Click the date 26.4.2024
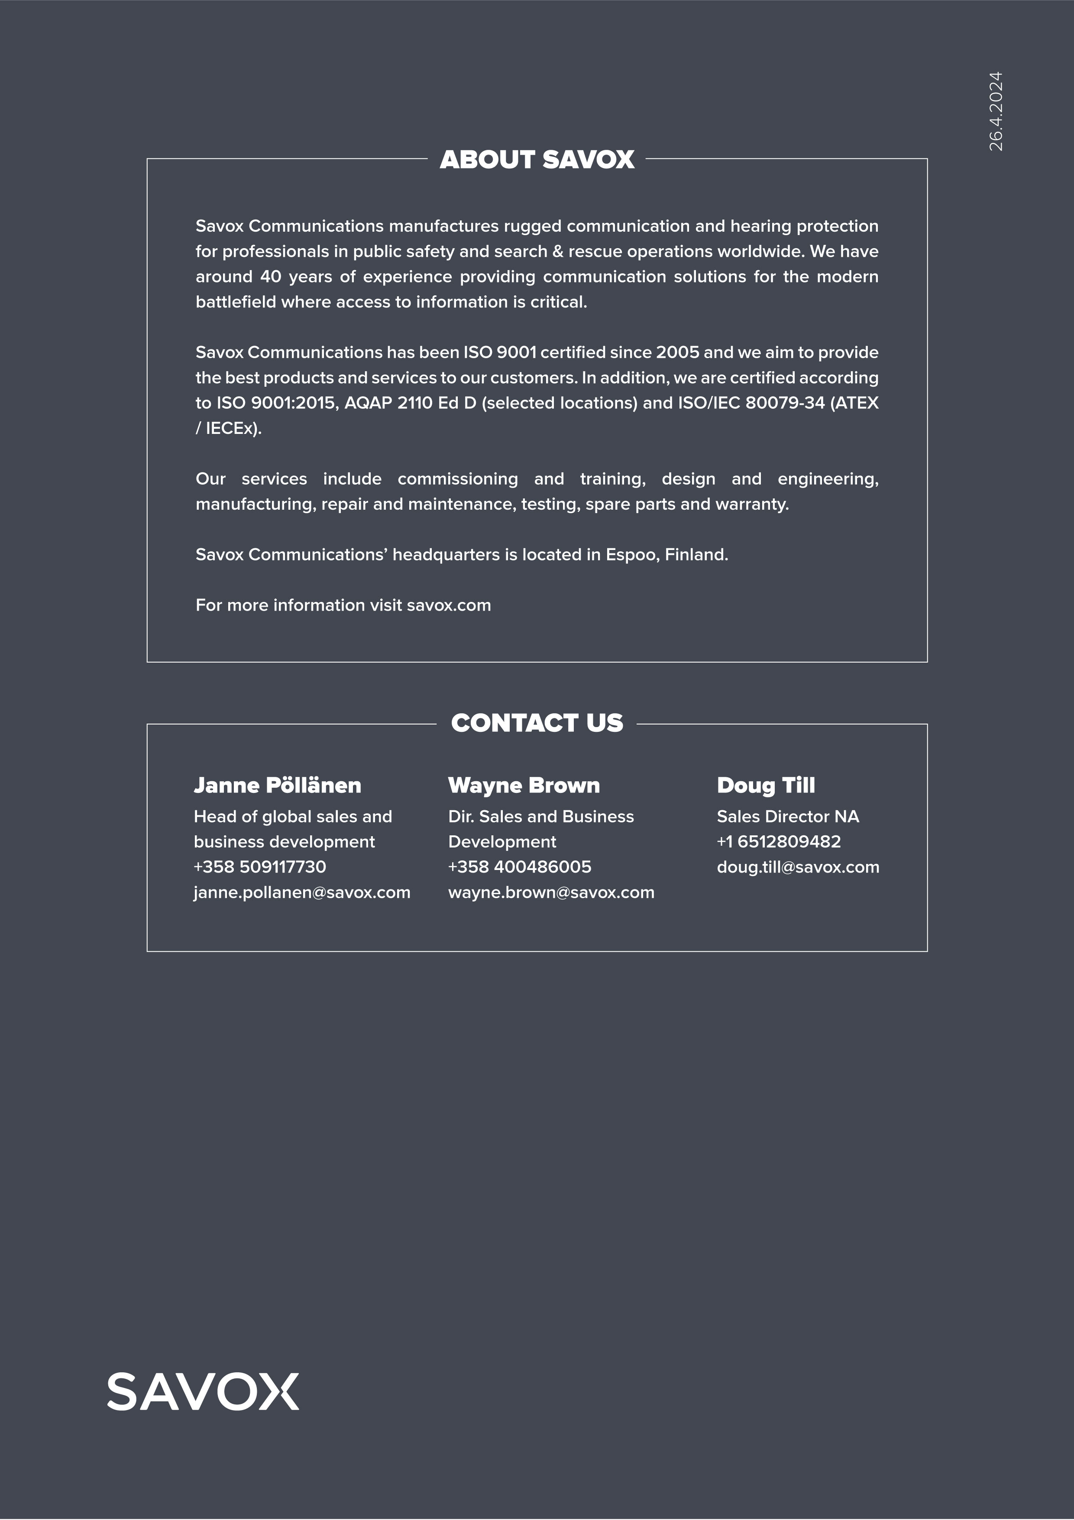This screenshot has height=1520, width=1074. point(995,111)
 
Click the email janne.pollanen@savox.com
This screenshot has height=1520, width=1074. point(302,893)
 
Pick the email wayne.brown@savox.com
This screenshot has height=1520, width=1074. point(551,893)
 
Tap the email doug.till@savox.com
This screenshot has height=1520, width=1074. point(798,867)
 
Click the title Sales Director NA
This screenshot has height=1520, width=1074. point(788,816)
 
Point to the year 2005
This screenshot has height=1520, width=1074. point(677,352)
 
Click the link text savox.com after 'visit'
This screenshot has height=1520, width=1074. point(449,605)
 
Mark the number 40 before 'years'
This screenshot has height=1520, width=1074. point(270,277)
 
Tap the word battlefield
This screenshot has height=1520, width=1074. point(235,302)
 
